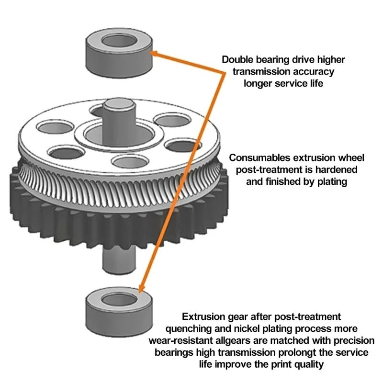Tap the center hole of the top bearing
click(x=118, y=40)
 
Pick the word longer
click(x=260, y=83)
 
